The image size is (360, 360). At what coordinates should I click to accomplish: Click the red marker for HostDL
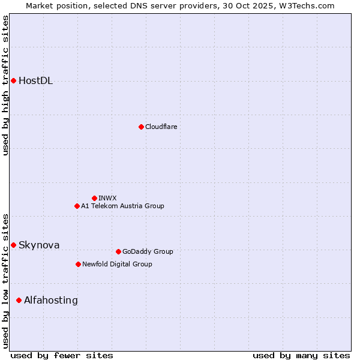click(13, 80)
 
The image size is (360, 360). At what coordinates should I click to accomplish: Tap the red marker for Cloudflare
click(141, 127)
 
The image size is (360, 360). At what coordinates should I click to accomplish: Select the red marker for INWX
click(94, 198)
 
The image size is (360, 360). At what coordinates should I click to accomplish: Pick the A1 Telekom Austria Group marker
click(77, 206)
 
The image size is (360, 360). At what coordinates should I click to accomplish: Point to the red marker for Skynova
click(13, 245)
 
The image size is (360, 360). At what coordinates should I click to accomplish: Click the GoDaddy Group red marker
click(118, 251)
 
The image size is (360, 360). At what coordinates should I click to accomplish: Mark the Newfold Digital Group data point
click(78, 264)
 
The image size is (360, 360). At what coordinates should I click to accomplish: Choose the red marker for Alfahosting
click(19, 300)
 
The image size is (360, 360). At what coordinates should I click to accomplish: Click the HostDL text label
click(35, 81)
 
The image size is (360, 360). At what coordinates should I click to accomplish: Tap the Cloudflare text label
click(161, 127)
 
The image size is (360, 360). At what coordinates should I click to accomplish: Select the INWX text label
click(107, 198)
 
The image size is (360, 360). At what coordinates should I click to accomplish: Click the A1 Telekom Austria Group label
click(122, 206)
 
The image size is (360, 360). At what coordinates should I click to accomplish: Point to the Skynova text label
click(39, 245)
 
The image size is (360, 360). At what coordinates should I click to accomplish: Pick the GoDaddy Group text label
click(147, 251)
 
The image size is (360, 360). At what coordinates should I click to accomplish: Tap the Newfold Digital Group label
click(117, 264)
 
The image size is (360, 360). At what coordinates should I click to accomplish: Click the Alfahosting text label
click(51, 300)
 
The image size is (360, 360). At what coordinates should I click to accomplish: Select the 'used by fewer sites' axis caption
click(62, 355)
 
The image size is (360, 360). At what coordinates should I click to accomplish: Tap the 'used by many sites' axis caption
click(301, 355)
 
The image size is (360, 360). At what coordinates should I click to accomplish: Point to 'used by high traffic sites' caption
click(5, 85)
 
